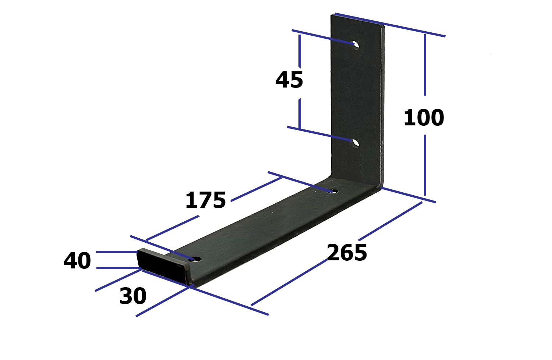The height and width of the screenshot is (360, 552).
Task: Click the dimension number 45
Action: pyautogui.click(x=289, y=80)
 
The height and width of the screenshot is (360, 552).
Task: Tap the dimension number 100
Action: pyautogui.click(x=424, y=118)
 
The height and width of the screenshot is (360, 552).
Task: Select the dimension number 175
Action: pyautogui.click(x=205, y=200)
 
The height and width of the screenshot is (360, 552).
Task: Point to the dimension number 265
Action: pyautogui.click(x=347, y=252)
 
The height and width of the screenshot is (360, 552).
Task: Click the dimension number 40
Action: pyautogui.click(x=77, y=260)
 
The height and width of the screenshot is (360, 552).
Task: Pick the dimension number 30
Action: pyautogui.click(x=133, y=296)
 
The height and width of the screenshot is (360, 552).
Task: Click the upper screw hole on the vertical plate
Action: pyautogui.click(x=355, y=45)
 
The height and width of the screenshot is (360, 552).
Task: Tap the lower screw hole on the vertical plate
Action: pyautogui.click(x=355, y=143)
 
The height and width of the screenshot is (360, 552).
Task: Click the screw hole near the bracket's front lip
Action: pyautogui.click(x=197, y=259)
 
